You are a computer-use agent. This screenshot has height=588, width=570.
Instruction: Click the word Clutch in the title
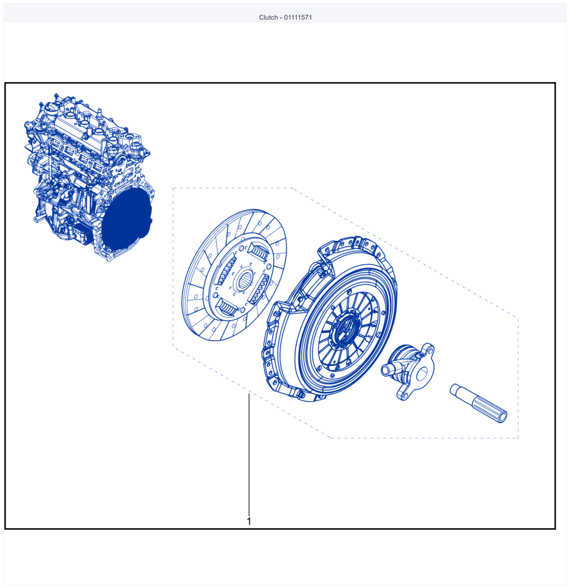[268, 17]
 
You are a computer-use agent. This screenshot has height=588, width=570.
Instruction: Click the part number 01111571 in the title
[298, 17]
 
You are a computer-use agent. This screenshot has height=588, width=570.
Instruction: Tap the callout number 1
[249, 521]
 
